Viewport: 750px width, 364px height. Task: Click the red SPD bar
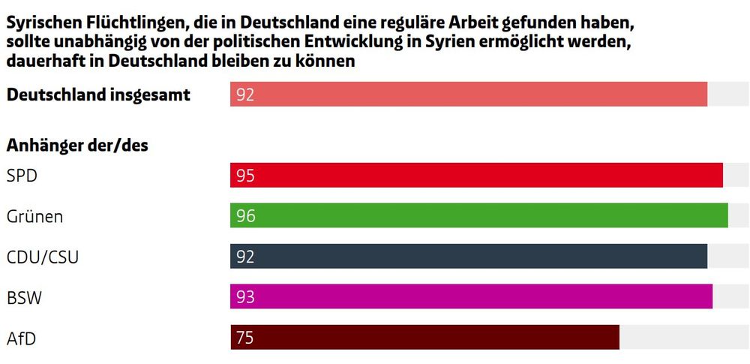click(x=476, y=176)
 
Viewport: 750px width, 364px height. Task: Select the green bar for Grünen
click(x=478, y=216)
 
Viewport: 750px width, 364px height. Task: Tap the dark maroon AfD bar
click(x=424, y=337)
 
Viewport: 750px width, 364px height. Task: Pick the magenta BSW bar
click(x=471, y=296)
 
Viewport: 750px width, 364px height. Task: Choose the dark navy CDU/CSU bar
click(x=469, y=256)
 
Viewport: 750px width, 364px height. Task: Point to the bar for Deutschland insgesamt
click(x=469, y=95)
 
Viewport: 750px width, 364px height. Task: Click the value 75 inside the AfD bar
click(x=245, y=338)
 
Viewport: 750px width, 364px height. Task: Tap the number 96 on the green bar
click(x=245, y=216)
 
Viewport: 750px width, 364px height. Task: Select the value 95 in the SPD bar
click(x=245, y=176)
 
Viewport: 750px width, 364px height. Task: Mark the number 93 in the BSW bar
click(x=245, y=297)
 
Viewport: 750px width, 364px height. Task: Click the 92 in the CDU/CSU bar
click(x=245, y=257)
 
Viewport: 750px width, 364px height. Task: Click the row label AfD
click(x=21, y=338)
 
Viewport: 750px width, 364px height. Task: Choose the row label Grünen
click(x=34, y=217)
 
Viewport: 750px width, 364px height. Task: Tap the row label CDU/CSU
click(x=42, y=257)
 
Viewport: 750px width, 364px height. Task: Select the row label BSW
click(x=24, y=298)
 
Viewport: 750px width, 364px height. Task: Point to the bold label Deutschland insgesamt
click(x=98, y=95)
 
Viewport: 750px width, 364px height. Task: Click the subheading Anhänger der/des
click(x=77, y=146)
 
